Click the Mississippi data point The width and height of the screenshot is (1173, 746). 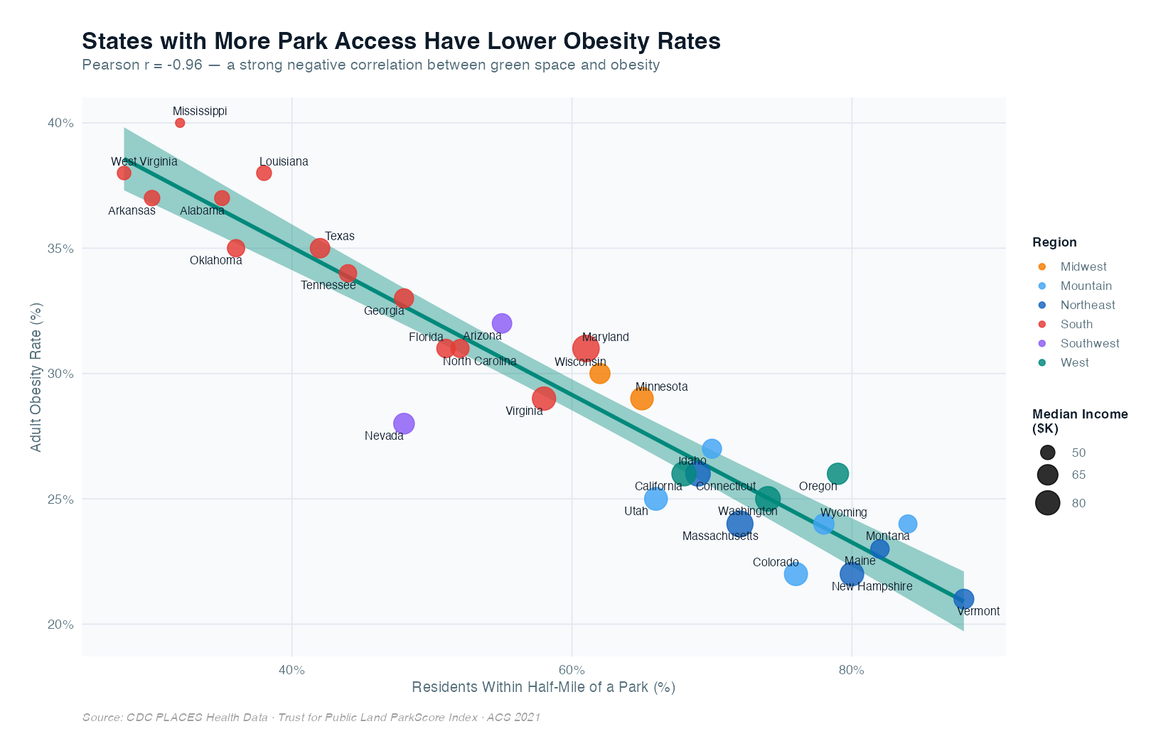coord(180,123)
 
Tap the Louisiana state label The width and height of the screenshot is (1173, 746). coord(284,161)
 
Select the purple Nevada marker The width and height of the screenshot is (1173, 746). coord(404,423)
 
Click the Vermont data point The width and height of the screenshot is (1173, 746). coord(963,599)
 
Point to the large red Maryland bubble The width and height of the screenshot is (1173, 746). coord(586,348)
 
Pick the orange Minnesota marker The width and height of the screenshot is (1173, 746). coord(642,399)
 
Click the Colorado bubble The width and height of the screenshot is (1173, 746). coord(796,574)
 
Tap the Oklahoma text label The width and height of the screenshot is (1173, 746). coord(216,261)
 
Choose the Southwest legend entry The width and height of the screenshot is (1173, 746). coord(1089,343)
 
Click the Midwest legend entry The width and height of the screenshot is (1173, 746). coord(1083,266)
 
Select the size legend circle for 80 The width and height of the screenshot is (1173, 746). coord(1048,503)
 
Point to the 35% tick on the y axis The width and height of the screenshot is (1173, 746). coord(60,249)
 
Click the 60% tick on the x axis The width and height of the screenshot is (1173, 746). coord(572,670)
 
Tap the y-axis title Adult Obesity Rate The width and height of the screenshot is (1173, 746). coord(36,377)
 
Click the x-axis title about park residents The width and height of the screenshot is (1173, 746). coord(543,687)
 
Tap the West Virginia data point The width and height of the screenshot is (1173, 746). coord(124,173)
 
